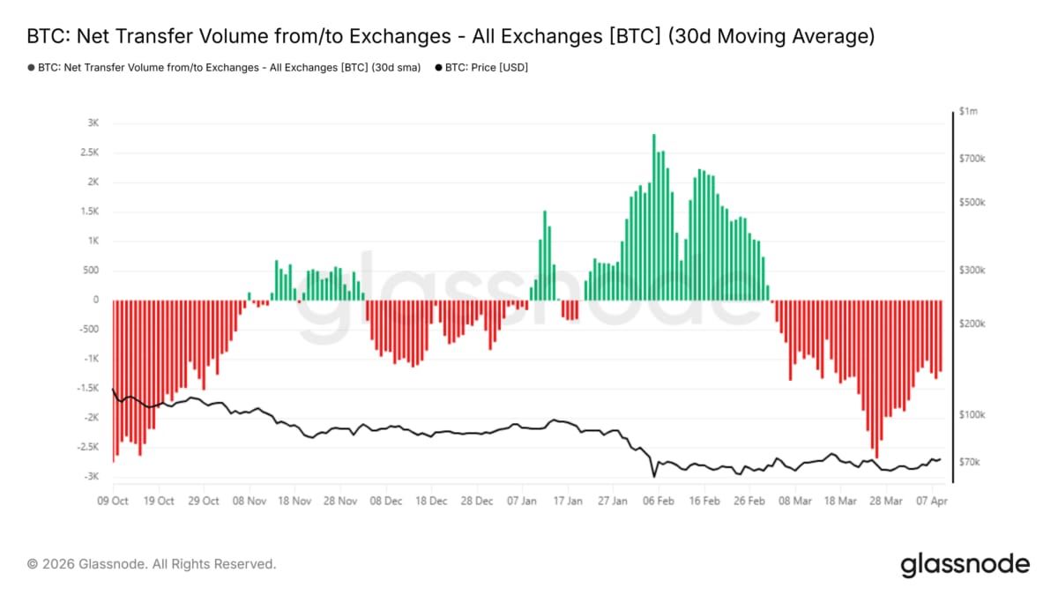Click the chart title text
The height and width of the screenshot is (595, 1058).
point(451,37)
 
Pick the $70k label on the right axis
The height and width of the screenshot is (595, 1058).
point(970,462)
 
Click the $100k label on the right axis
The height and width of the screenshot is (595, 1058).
point(972,414)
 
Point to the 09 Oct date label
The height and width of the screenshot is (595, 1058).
point(113,501)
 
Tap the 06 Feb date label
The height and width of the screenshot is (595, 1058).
point(659,501)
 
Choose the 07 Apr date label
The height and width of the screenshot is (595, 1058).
point(931,501)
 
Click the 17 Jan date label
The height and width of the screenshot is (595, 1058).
point(568,501)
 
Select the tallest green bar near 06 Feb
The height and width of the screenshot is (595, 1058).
point(654,220)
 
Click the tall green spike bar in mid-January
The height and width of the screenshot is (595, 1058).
point(545,256)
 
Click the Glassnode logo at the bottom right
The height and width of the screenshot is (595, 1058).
point(965,564)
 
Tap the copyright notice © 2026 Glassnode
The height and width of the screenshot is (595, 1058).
point(152,564)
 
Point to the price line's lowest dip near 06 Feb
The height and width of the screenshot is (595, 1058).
point(654,476)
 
